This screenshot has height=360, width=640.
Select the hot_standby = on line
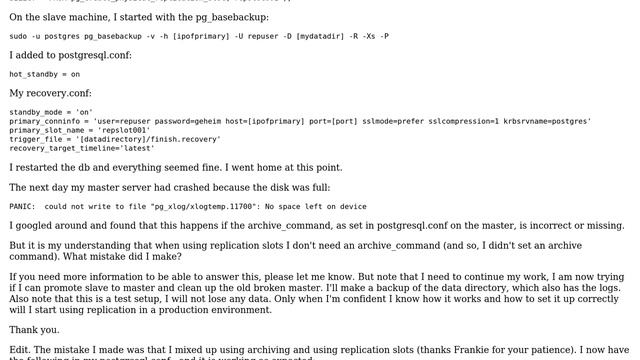(44, 74)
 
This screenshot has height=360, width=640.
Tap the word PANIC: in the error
(23, 207)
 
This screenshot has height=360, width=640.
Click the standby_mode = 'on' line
(51, 112)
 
